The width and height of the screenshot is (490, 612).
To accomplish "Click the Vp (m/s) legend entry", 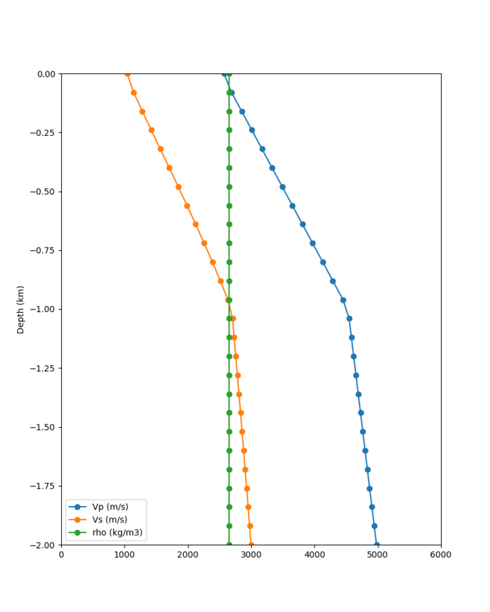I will [x=110, y=507].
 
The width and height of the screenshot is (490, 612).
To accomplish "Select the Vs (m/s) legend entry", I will [x=110, y=520].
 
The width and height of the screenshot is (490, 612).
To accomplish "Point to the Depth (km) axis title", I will [x=20, y=309].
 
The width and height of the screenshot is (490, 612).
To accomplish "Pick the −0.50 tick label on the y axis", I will [x=44, y=191].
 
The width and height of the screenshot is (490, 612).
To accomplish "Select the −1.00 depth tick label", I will [x=44, y=309].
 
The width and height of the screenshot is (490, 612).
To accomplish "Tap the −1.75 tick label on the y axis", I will [x=44, y=486].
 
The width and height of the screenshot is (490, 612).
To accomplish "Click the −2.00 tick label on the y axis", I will [x=44, y=545].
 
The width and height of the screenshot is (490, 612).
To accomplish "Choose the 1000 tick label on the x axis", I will [x=125, y=555].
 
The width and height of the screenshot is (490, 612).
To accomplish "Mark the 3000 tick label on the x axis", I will [x=251, y=555].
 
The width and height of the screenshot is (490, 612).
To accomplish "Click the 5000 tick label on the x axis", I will [x=378, y=555].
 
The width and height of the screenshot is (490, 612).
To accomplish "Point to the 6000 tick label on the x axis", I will [x=441, y=555].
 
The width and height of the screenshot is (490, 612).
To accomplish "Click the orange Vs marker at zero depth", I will [x=127, y=73].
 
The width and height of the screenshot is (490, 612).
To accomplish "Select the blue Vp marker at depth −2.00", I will [x=377, y=545].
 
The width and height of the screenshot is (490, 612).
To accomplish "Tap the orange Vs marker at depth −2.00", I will [x=251, y=545].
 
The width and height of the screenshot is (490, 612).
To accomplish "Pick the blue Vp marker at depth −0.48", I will [x=282, y=187].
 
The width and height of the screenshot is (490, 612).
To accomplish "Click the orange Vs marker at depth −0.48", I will [x=178, y=187].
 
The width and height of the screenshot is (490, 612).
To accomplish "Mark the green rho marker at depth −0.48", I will [x=229, y=187].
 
